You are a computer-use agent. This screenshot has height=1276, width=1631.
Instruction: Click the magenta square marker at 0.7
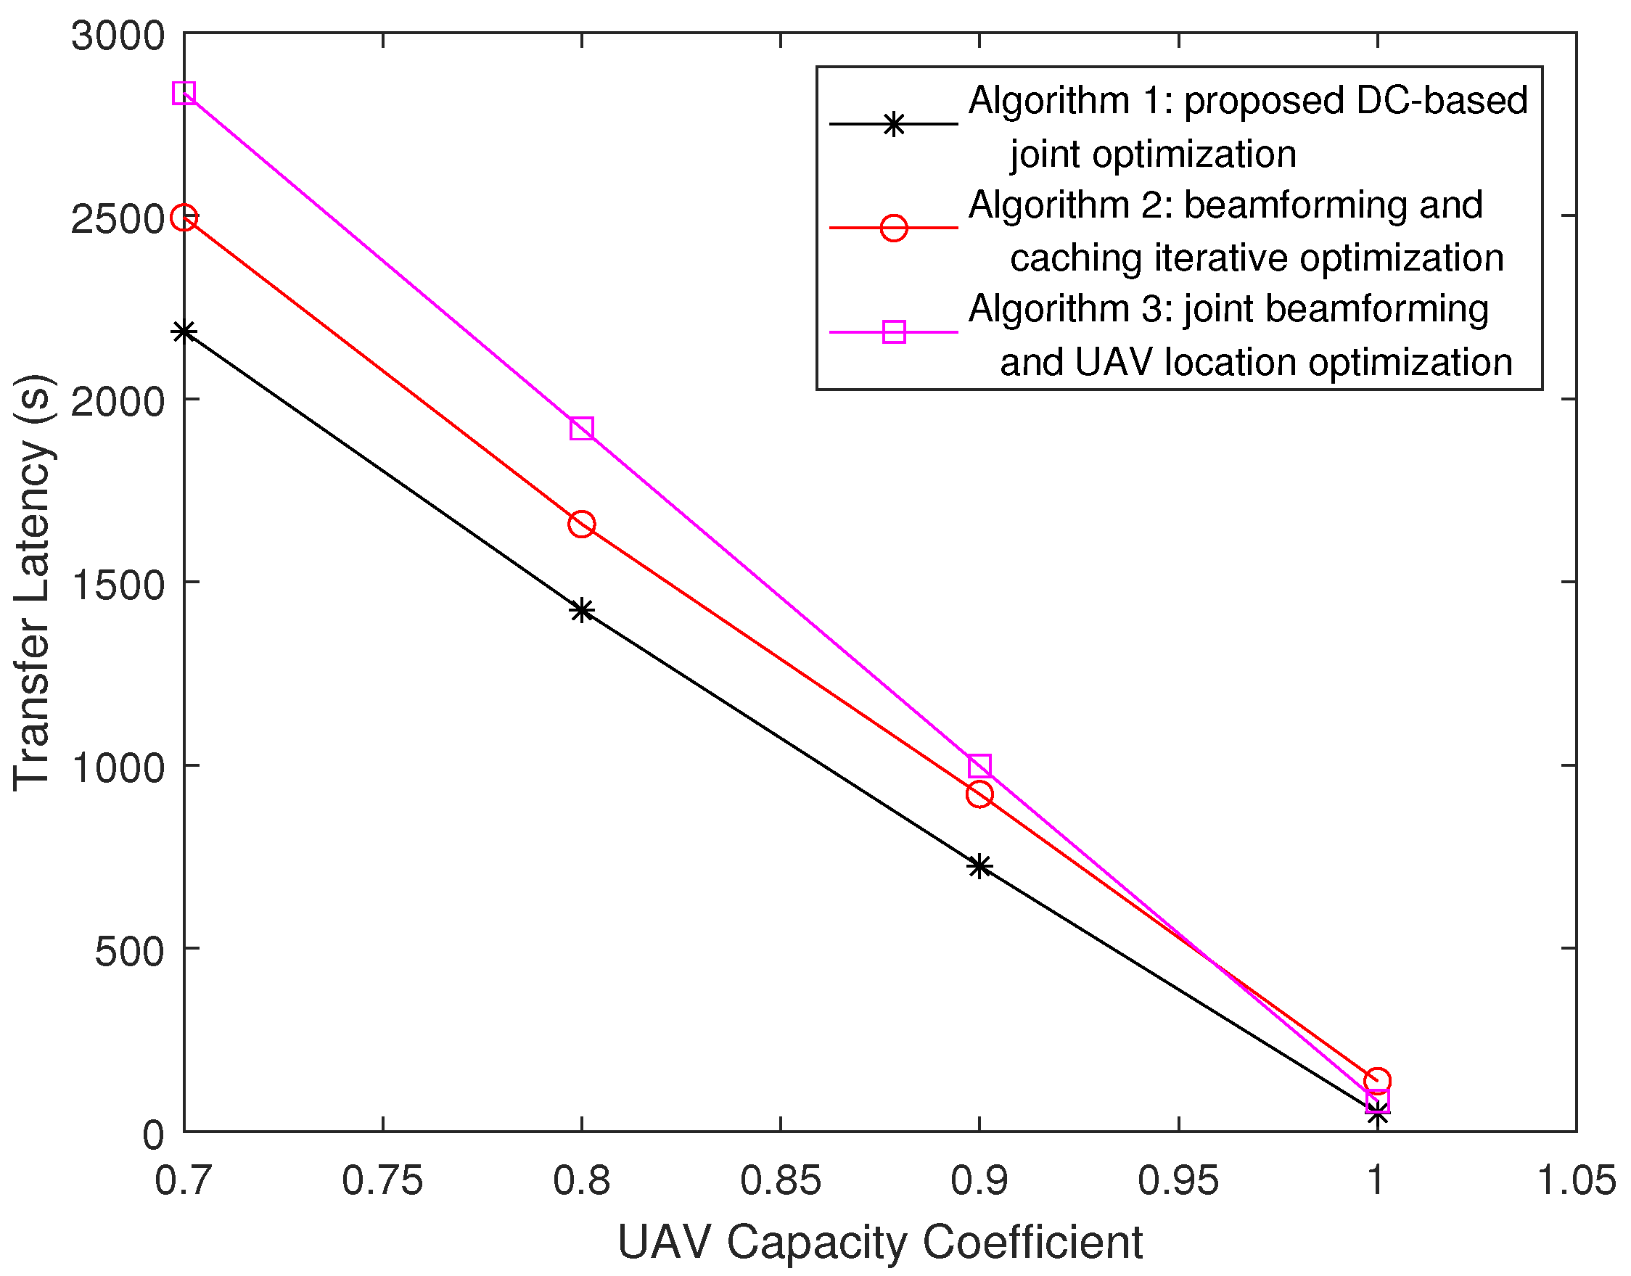(x=184, y=94)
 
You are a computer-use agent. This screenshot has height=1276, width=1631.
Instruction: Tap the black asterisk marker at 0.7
(x=184, y=332)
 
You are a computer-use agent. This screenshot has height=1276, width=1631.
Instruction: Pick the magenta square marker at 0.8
(x=581, y=429)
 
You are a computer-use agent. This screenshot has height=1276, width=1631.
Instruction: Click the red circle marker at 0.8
(x=581, y=524)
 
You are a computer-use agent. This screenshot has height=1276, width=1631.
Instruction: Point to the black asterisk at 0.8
(x=581, y=609)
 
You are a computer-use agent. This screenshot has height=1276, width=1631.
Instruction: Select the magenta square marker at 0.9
(x=979, y=766)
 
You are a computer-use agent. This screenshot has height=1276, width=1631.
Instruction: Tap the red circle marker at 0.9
(x=979, y=794)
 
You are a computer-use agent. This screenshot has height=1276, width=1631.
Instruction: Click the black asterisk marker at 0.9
(x=979, y=867)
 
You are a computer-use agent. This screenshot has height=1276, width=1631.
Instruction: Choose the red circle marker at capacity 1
(x=1376, y=1080)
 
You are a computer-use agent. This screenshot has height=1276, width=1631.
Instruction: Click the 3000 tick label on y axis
(x=118, y=35)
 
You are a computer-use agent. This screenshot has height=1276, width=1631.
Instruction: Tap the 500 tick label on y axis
(x=129, y=951)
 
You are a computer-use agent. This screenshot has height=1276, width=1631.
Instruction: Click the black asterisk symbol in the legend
(x=894, y=123)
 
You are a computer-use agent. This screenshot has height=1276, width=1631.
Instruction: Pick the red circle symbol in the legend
(x=894, y=227)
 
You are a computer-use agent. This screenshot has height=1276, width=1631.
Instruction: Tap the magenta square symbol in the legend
(x=894, y=332)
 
